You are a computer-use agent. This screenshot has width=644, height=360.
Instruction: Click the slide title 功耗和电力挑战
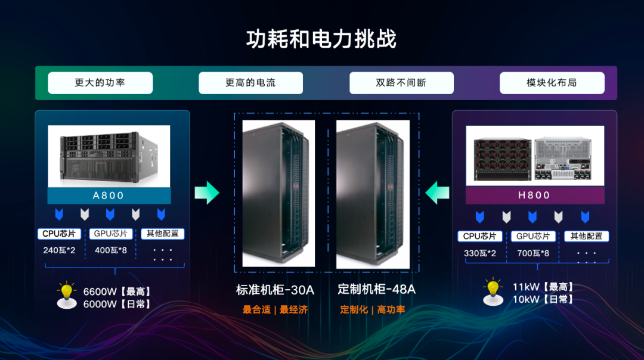[321, 39]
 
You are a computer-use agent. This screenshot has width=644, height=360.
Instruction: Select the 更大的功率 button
[100, 83]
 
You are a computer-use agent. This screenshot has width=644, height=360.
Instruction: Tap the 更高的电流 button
[250, 83]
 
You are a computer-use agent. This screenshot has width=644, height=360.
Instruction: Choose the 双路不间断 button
[401, 83]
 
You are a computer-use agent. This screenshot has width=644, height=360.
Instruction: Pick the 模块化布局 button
[552, 83]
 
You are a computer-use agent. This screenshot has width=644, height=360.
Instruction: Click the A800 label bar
[109, 196]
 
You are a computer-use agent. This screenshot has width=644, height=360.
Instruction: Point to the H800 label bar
[534, 195]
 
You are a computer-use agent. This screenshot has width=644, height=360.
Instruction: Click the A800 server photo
[109, 156]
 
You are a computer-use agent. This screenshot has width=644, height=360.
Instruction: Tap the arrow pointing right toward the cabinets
[207, 192]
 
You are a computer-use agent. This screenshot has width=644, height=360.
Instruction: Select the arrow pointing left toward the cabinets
[437, 192]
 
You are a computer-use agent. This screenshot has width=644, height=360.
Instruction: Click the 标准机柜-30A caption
[275, 290]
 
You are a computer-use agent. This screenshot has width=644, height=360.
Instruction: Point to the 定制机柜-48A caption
[376, 290]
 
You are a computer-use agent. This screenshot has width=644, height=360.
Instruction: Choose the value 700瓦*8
[532, 253]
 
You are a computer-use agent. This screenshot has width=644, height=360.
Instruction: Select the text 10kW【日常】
[543, 299]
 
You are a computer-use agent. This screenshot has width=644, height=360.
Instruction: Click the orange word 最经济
[293, 310]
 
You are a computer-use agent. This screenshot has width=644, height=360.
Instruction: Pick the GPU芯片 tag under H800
[533, 236]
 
